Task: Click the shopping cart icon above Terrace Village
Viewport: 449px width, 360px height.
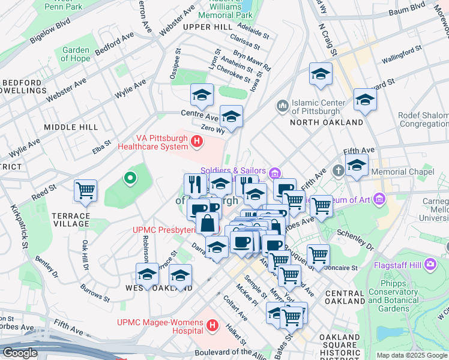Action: (x=85, y=191)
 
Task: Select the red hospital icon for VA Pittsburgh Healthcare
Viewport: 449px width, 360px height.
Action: (x=196, y=142)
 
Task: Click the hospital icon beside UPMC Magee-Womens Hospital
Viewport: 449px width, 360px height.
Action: (x=211, y=325)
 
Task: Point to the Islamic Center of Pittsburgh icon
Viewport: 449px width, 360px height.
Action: (x=283, y=106)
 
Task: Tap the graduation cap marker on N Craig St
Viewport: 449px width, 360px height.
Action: (x=321, y=74)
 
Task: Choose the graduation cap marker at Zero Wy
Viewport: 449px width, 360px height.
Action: (x=231, y=116)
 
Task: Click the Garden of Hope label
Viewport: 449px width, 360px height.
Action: (x=75, y=55)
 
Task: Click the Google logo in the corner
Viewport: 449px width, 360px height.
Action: (x=20, y=353)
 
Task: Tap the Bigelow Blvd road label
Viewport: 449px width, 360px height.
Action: (x=50, y=35)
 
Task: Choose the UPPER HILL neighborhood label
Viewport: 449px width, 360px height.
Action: (x=207, y=28)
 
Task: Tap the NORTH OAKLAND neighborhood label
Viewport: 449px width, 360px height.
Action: (x=327, y=122)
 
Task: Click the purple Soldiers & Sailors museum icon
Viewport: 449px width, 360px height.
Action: (x=275, y=174)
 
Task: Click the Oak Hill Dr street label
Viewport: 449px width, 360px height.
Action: (x=86, y=254)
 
